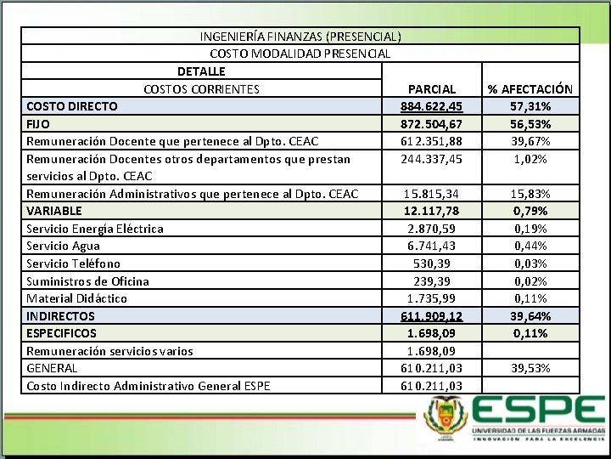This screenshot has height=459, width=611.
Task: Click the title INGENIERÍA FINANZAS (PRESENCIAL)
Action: [300, 37]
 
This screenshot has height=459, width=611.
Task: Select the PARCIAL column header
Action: [431, 88]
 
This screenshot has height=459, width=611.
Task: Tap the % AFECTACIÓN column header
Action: [530, 88]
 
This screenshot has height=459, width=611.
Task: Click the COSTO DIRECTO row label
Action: [72, 106]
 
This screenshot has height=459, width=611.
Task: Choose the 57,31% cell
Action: [530, 106]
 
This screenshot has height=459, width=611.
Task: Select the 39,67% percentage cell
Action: [530, 141]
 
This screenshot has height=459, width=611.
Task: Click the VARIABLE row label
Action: [54, 211]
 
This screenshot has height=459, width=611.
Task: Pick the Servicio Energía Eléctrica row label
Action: [95, 228]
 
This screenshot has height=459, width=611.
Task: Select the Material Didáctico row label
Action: [76, 298]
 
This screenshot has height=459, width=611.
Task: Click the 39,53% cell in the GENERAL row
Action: [530, 368]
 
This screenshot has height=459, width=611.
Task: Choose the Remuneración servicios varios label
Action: [109, 351]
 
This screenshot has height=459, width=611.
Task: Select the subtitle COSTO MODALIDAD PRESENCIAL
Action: [300, 54]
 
